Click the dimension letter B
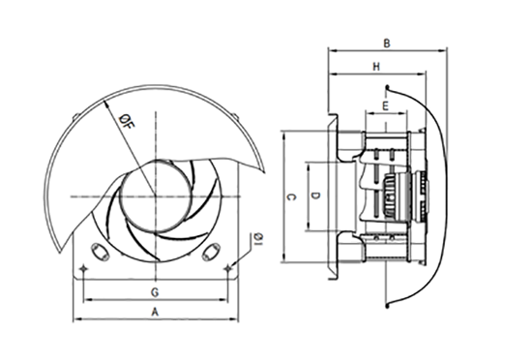[387, 44]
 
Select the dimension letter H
[376, 67]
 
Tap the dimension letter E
[385, 106]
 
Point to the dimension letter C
[291, 196]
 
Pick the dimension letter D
[316, 195]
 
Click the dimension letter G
[155, 292]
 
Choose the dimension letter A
[155, 312]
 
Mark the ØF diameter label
[128, 122]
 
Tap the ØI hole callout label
[258, 239]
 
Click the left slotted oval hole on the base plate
[100, 253]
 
